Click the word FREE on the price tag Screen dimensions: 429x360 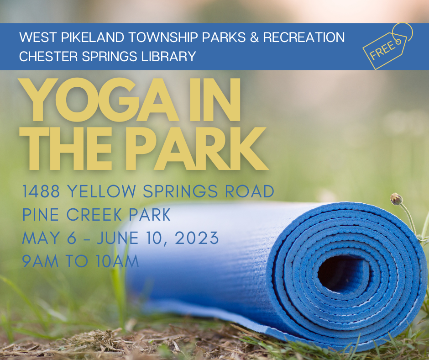click(x=382, y=50)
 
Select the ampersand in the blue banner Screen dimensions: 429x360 click(x=254, y=37)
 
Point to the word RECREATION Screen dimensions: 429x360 click(x=303, y=37)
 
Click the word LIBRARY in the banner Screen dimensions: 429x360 click(x=168, y=57)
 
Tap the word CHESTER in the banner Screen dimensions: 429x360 click(x=48, y=57)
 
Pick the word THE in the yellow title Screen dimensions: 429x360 click(x=66, y=148)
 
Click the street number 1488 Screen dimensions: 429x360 click(x=41, y=191)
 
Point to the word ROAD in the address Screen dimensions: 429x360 click(x=250, y=191)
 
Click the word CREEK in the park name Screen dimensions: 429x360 click(x=94, y=215)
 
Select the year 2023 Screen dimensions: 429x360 click(x=197, y=238)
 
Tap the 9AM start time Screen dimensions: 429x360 click(x=40, y=261)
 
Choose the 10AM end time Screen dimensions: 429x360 click(x=117, y=261)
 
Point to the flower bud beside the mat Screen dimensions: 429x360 click(x=397, y=199)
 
